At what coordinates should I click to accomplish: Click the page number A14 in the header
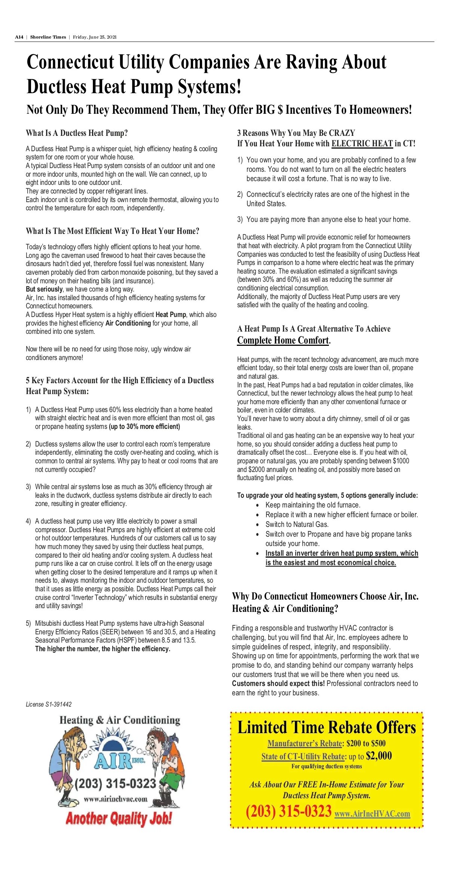[19, 37]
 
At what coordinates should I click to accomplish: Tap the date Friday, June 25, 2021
[95, 37]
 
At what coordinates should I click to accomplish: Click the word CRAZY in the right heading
[342, 133]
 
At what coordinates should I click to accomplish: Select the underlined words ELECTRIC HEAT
[362, 144]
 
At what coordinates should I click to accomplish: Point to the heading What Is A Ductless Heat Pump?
[77, 133]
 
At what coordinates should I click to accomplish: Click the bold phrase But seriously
[44, 289]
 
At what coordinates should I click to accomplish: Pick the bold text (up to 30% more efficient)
[144, 427]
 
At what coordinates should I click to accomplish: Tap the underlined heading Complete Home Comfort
[283, 340]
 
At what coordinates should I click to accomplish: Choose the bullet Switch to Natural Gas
[297, 524]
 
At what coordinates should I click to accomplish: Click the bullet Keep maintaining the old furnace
[313, 505]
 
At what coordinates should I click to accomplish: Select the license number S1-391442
[58, 704]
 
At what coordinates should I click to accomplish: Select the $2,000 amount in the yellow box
[379, 756]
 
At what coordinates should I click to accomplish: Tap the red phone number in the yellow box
[288, 811]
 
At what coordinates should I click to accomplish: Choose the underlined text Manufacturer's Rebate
[305, 743]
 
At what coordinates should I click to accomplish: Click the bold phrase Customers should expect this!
[278, 683]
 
